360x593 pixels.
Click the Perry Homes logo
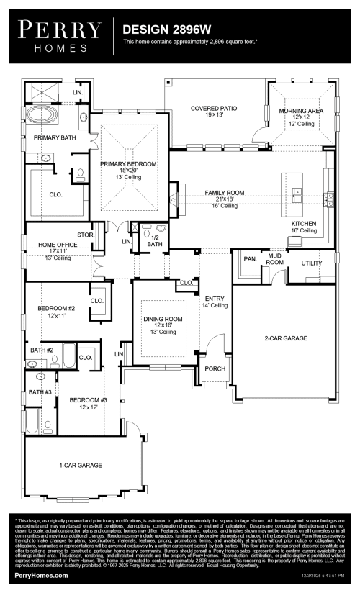point(59,35)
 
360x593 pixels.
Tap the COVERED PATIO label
point(213,109)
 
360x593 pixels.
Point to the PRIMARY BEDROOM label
point(127,164)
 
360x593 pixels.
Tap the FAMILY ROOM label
point(224,193)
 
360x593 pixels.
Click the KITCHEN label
point(303,224)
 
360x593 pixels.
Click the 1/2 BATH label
point(154,241)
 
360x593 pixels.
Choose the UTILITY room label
point(312,263)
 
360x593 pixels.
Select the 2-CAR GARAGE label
point(286,338)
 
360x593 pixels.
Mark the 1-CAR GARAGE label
point(80,465)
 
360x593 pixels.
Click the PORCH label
point(215,368)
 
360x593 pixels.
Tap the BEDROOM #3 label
point(88,400)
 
